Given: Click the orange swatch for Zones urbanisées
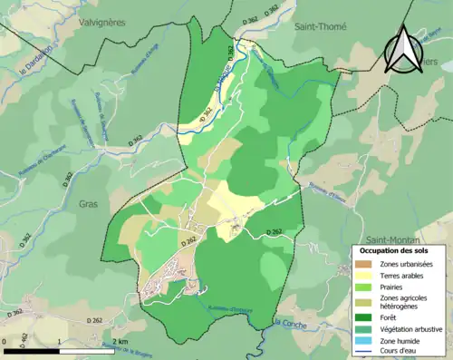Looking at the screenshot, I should [x=362, y=264].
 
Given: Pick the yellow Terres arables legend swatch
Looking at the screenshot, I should [x=362, y=276].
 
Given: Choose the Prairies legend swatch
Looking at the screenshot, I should [x=362, y=287].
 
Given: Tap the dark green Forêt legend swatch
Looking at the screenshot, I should [x=362, y=316].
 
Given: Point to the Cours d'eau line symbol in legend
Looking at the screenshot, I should [x=362, y=351].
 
